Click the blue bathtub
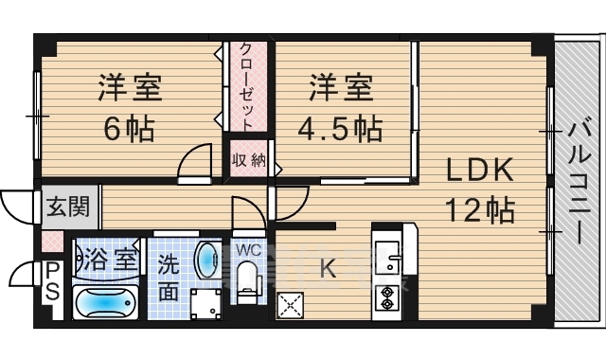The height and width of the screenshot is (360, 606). [105, 303]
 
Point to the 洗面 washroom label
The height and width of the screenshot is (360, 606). [167, 277]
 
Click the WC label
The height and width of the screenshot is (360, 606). [248, 249]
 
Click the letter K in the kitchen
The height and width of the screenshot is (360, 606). [327, 269]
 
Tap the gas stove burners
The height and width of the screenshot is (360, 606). [388, 297]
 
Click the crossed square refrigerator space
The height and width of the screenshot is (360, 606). [289, 305]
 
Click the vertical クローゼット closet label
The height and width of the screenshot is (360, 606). [246, 83]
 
